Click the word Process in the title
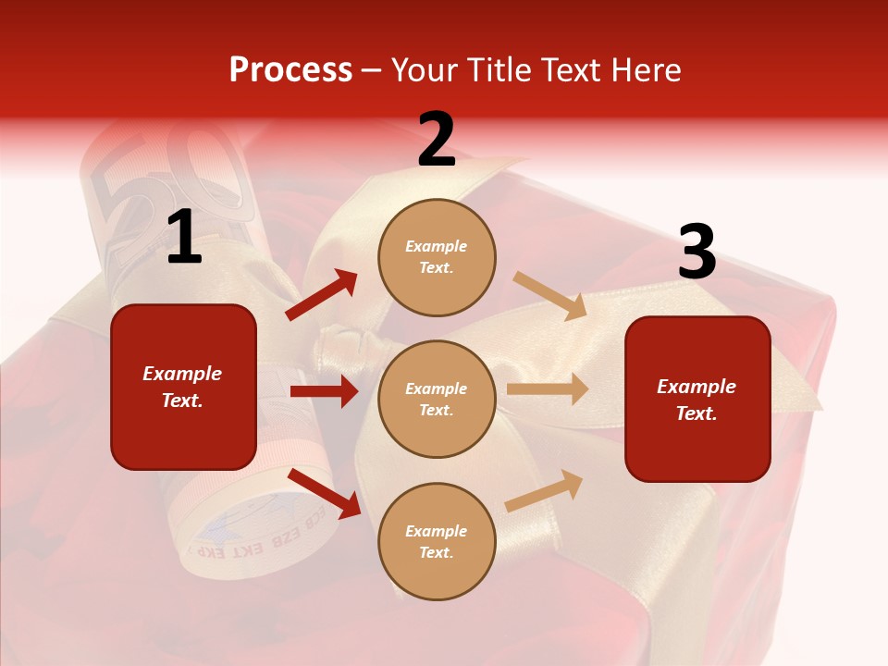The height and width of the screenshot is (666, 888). [x=290, y=70]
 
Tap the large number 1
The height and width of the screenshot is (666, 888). [x=184, y=239]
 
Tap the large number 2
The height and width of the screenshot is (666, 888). [x=437, y=141]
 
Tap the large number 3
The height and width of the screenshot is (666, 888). [x=697, y=253]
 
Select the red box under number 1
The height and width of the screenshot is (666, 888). [x=183, y=387]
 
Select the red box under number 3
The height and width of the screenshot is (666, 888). [x=697, y=399]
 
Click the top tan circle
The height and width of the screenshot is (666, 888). [x=437, y=257]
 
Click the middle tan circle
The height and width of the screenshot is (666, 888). [x=437, y=399]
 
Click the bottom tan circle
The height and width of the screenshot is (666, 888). [x=437, y=541]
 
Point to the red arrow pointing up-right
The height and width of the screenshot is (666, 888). [x=322, y=295]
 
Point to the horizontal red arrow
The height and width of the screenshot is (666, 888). [x=324, y=391]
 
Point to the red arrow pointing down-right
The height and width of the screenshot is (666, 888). [x=324, y=493]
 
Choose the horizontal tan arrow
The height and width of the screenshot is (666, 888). [x=548, y=389]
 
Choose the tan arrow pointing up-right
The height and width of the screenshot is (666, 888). [x=545, y=491]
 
